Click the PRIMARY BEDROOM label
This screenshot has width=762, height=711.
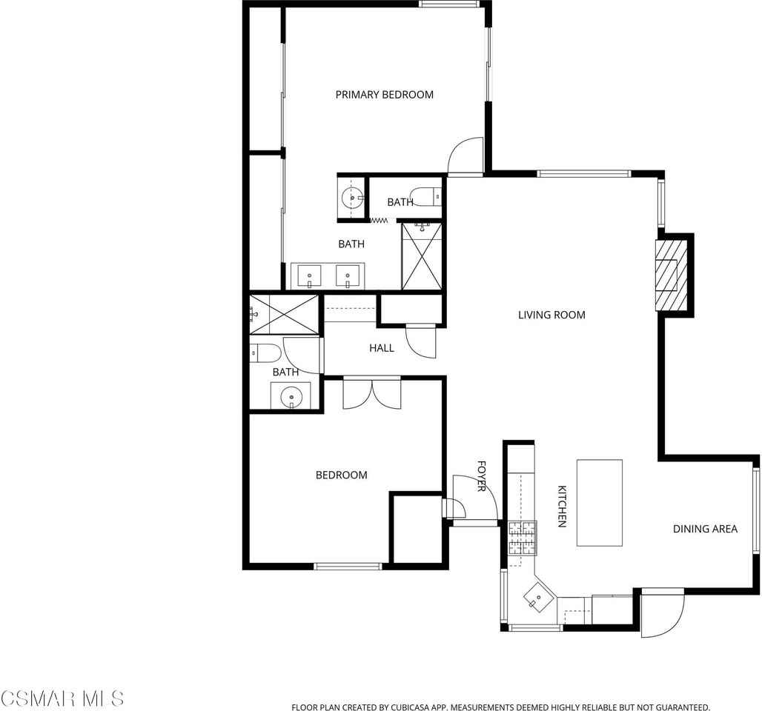[x=384, y=95]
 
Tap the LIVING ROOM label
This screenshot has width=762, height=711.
[x=551, y=315]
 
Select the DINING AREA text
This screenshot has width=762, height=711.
[x=705, y=529]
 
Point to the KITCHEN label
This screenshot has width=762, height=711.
[x=562, y=507]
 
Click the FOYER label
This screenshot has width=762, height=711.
[x=481, y=476]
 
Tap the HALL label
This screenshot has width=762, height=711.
[x=381, y=348]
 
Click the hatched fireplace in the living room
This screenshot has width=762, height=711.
[x=669, y=274]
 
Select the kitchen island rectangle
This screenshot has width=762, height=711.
[x=599, y=502]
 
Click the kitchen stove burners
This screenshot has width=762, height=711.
[x=522, y=538]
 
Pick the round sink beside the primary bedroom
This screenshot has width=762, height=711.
[x=351, y=197]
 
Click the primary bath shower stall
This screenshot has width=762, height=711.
[x=421, y=256]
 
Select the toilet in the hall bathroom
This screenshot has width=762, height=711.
[x=263, y=353]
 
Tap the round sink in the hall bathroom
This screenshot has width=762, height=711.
[x=291, y=397]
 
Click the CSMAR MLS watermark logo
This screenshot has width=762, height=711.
[x=62, y=698]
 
